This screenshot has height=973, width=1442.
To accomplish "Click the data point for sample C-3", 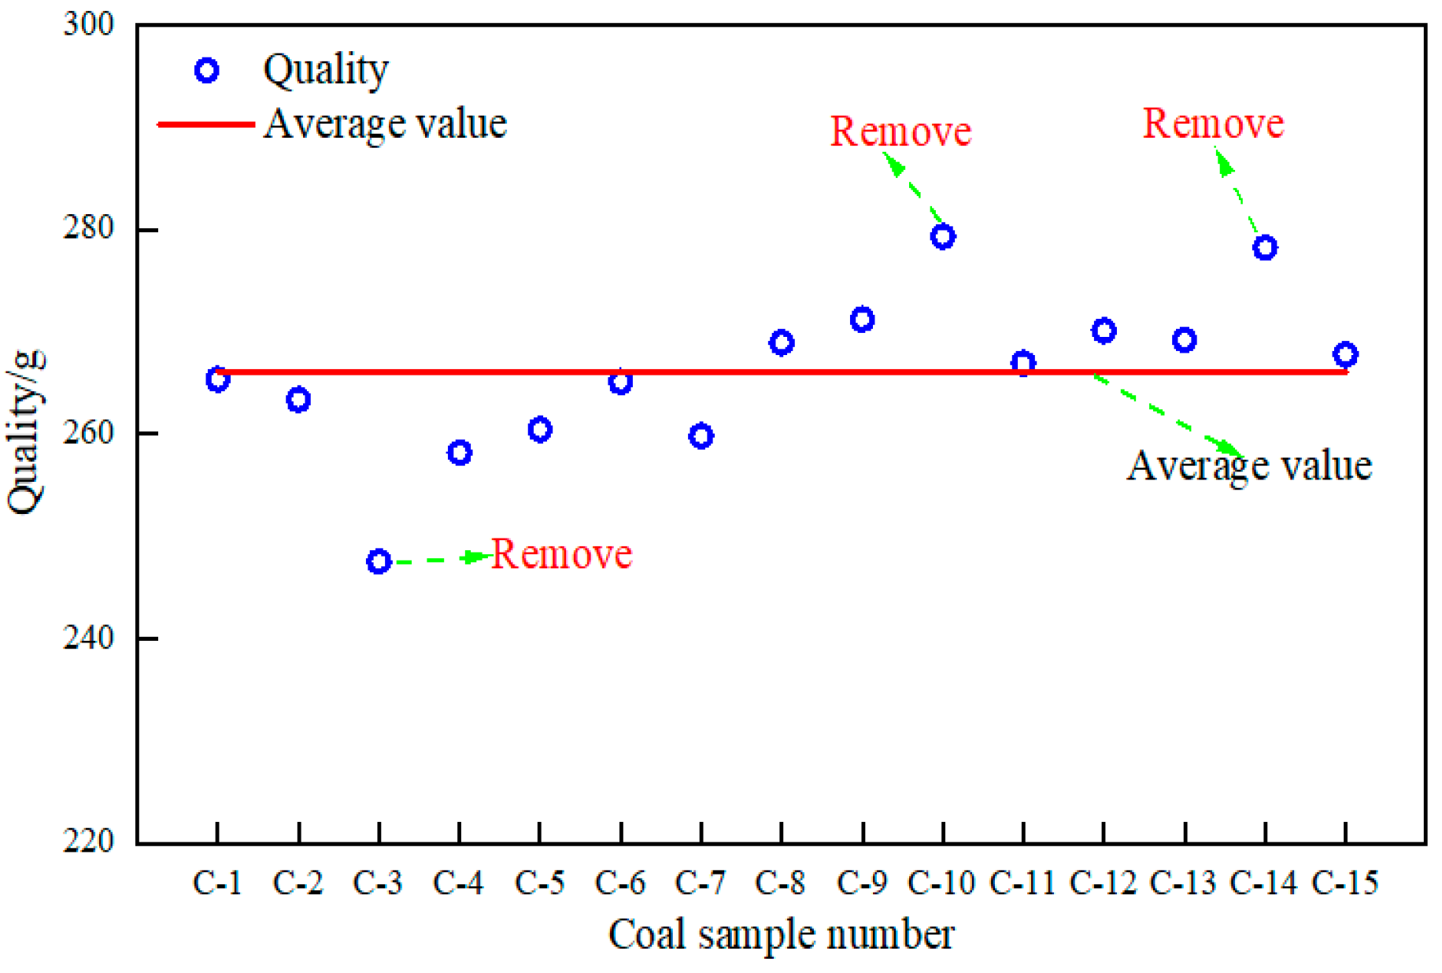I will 379,561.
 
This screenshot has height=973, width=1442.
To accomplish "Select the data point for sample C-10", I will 943,236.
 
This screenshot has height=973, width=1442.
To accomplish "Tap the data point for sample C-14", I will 1265,247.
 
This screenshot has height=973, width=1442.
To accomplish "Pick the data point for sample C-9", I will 862,319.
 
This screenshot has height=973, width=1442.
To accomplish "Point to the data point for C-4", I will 460,453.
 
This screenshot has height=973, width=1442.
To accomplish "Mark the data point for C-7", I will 701,435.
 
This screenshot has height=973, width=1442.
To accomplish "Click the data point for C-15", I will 1345,354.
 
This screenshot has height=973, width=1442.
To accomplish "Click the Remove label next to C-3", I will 561,554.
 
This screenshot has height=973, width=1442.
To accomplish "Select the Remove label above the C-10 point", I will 900,131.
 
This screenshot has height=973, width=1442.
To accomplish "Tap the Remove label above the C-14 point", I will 1213,124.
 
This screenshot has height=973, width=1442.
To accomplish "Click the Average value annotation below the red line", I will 1249,465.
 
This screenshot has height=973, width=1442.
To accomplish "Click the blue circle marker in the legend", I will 206,71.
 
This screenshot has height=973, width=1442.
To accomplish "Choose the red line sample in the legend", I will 206,124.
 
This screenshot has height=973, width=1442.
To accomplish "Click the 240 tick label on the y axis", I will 88,638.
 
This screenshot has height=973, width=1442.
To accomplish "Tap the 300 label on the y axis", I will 88,24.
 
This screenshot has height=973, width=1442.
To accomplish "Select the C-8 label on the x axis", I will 780,883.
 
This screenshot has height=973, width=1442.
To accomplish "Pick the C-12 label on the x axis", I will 1103,883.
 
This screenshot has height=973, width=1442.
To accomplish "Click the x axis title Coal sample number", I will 781,935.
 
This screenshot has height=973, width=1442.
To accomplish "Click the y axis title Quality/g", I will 25,431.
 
